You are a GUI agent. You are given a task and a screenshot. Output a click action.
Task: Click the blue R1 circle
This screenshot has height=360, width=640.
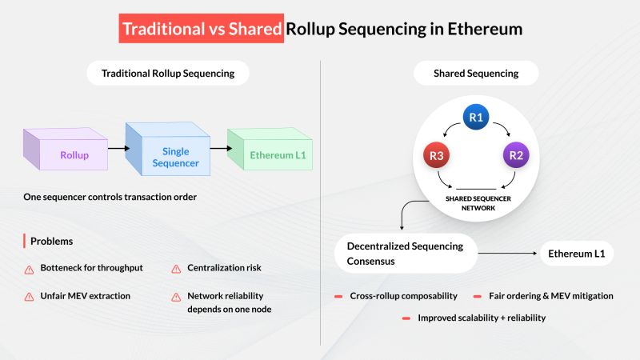point(476,117)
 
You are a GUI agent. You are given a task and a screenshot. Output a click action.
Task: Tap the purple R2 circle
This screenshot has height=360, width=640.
point(516,155)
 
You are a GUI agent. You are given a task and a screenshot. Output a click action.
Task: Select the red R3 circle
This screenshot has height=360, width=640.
point(436,155)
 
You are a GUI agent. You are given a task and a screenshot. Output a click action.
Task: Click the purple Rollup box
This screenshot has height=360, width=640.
point(66,149)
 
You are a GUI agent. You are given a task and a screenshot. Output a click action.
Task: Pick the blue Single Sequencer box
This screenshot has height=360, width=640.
point(168,149)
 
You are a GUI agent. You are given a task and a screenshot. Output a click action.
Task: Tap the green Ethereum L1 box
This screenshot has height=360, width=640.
point(270,149)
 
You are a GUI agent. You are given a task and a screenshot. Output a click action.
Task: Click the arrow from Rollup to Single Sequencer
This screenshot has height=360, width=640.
point(118,148)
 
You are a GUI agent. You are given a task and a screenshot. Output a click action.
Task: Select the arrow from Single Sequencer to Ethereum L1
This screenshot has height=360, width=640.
point(222,148)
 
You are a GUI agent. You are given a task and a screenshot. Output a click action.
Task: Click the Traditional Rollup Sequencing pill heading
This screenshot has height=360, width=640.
point(168,73)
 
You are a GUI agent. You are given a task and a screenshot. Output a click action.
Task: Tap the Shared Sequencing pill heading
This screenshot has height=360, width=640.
point(476,73)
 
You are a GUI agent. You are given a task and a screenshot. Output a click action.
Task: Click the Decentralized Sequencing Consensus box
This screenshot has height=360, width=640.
point(406,254)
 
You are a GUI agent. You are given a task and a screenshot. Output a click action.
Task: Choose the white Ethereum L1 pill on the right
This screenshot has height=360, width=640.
point(576,254)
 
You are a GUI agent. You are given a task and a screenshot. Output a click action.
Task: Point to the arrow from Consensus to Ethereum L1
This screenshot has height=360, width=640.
point(507,253)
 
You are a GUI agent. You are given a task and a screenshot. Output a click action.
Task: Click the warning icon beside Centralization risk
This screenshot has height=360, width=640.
point(176,269)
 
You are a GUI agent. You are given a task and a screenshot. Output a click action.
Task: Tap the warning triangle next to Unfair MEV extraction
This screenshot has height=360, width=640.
point(29,297)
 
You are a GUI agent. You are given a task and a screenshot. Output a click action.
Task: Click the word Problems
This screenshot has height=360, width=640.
point(52,242)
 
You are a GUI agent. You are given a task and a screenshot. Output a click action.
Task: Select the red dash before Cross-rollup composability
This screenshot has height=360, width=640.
point(338,296)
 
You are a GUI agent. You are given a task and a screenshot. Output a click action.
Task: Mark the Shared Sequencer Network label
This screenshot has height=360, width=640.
point(478,203)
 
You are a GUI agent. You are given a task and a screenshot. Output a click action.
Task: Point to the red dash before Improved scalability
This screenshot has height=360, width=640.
point(406,318)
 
